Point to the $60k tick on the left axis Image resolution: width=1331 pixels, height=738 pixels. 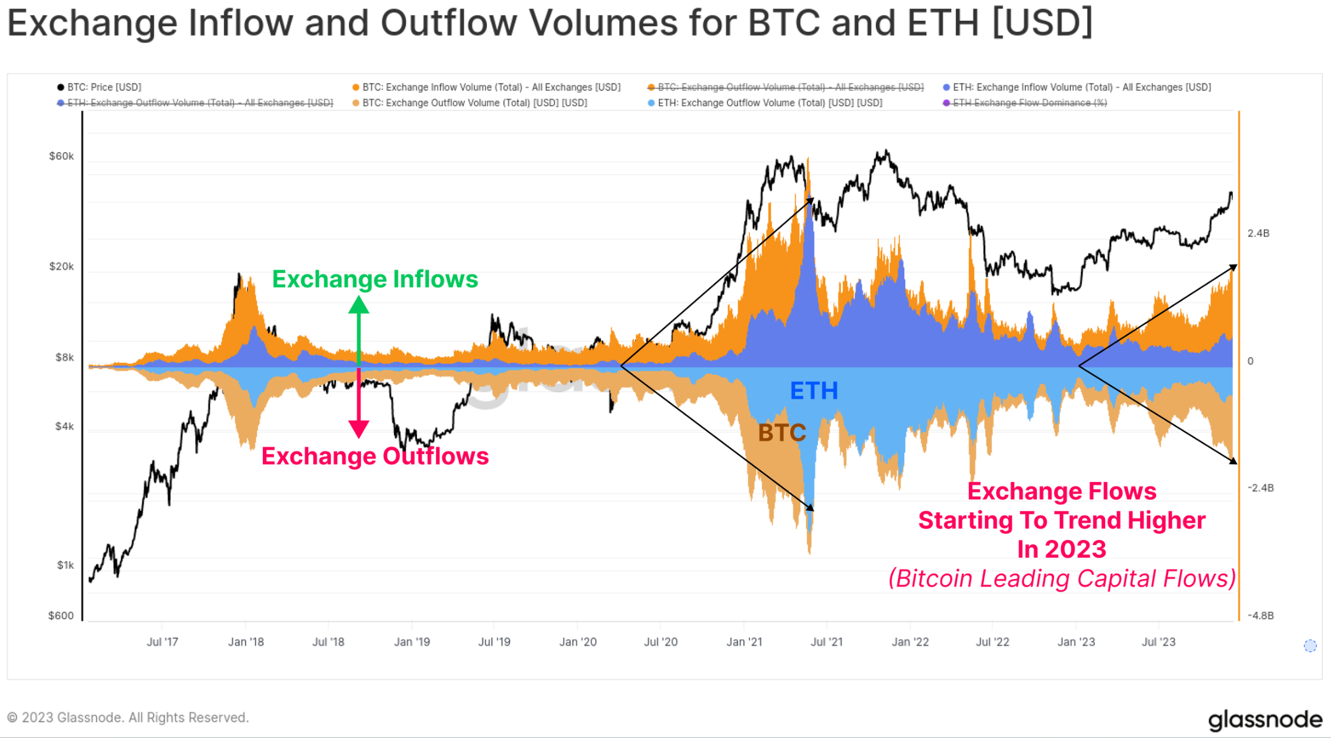[61, 157]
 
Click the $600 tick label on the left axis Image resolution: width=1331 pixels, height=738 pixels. [61, 616]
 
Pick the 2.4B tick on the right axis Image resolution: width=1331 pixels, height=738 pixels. [1258, 234]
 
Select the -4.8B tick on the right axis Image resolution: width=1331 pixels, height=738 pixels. [1260, 616]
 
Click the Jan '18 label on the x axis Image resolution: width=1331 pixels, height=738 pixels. [246, 642]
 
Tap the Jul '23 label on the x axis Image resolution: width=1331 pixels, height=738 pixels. [1158, 642]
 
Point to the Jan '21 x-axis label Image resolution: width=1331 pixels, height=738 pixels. [744, 642]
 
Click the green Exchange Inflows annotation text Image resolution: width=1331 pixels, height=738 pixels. [375, 280]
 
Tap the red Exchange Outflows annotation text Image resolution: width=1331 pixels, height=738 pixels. [375, 457]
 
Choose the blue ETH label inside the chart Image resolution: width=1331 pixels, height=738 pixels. [813, 391]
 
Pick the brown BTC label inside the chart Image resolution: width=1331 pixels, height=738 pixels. [782, 433]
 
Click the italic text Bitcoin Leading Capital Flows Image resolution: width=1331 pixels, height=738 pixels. [1062, 579]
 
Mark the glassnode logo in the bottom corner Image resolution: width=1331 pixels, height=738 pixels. [1265, 720]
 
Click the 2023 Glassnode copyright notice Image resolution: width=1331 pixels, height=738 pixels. [127, 718]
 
